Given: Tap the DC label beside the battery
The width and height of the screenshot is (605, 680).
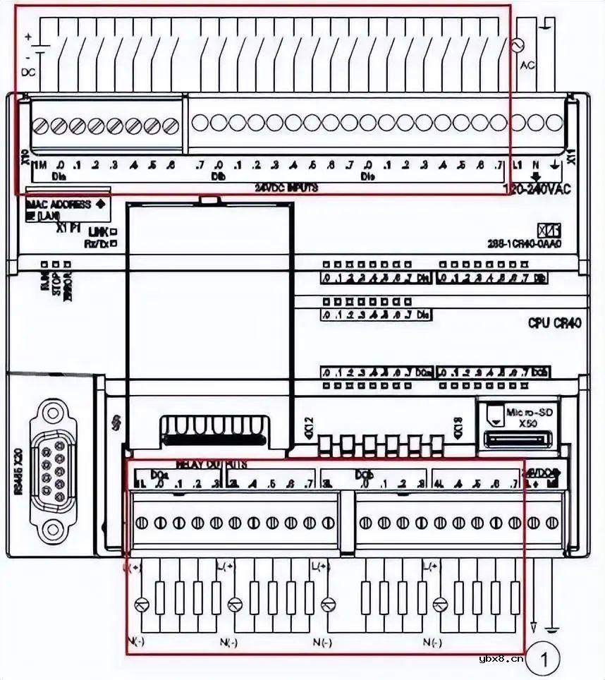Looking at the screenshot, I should tap(29, 72).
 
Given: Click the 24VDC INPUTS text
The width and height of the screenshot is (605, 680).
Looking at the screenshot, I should tap(286, 188).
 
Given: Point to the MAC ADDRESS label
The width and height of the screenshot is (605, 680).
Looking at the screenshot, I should tap(59, 204).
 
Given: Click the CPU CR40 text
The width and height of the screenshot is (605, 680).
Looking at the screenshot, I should tap(555, 323).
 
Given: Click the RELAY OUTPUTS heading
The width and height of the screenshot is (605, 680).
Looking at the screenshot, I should tap(211, 465).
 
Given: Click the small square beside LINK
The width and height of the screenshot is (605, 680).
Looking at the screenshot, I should tap(114, 231).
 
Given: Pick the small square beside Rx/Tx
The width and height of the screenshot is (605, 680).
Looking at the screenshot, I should tap(114, 243).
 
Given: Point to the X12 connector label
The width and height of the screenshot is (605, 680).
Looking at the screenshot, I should tap(308, 427).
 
